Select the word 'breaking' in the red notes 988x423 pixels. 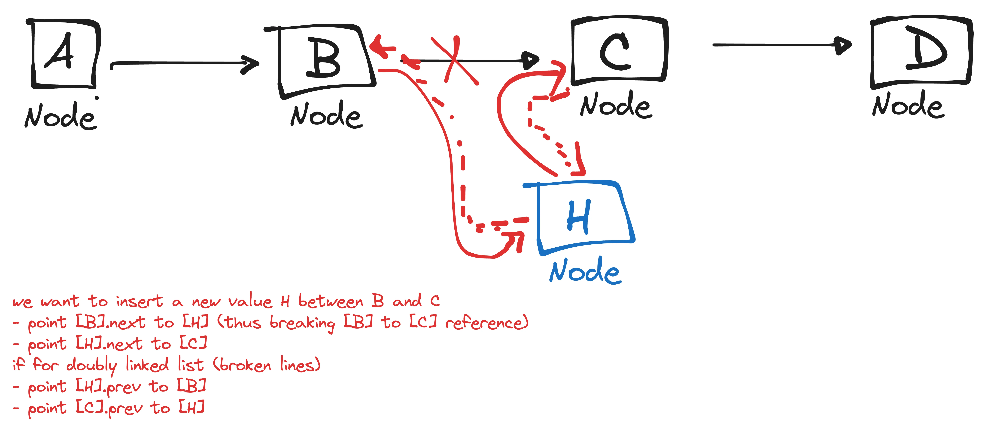pyautogui.click(x=302, y=323)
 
